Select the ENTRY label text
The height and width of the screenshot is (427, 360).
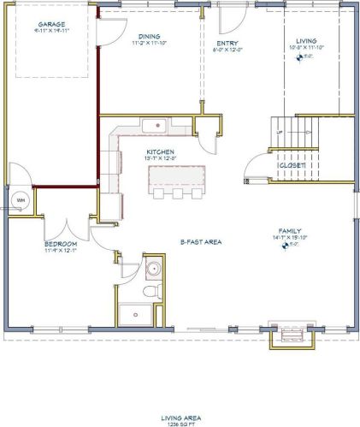227,44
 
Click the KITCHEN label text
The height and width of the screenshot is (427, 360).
160,151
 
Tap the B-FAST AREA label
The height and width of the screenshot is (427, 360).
201,242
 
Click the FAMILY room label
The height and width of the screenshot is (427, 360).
284,230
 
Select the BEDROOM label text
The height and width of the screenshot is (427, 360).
61,244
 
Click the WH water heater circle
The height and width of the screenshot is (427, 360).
19,202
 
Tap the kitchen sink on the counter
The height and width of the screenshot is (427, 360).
154,128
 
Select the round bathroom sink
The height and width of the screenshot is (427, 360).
153,270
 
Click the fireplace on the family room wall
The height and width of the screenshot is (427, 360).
285,335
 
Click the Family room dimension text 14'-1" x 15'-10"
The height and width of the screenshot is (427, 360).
284,237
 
